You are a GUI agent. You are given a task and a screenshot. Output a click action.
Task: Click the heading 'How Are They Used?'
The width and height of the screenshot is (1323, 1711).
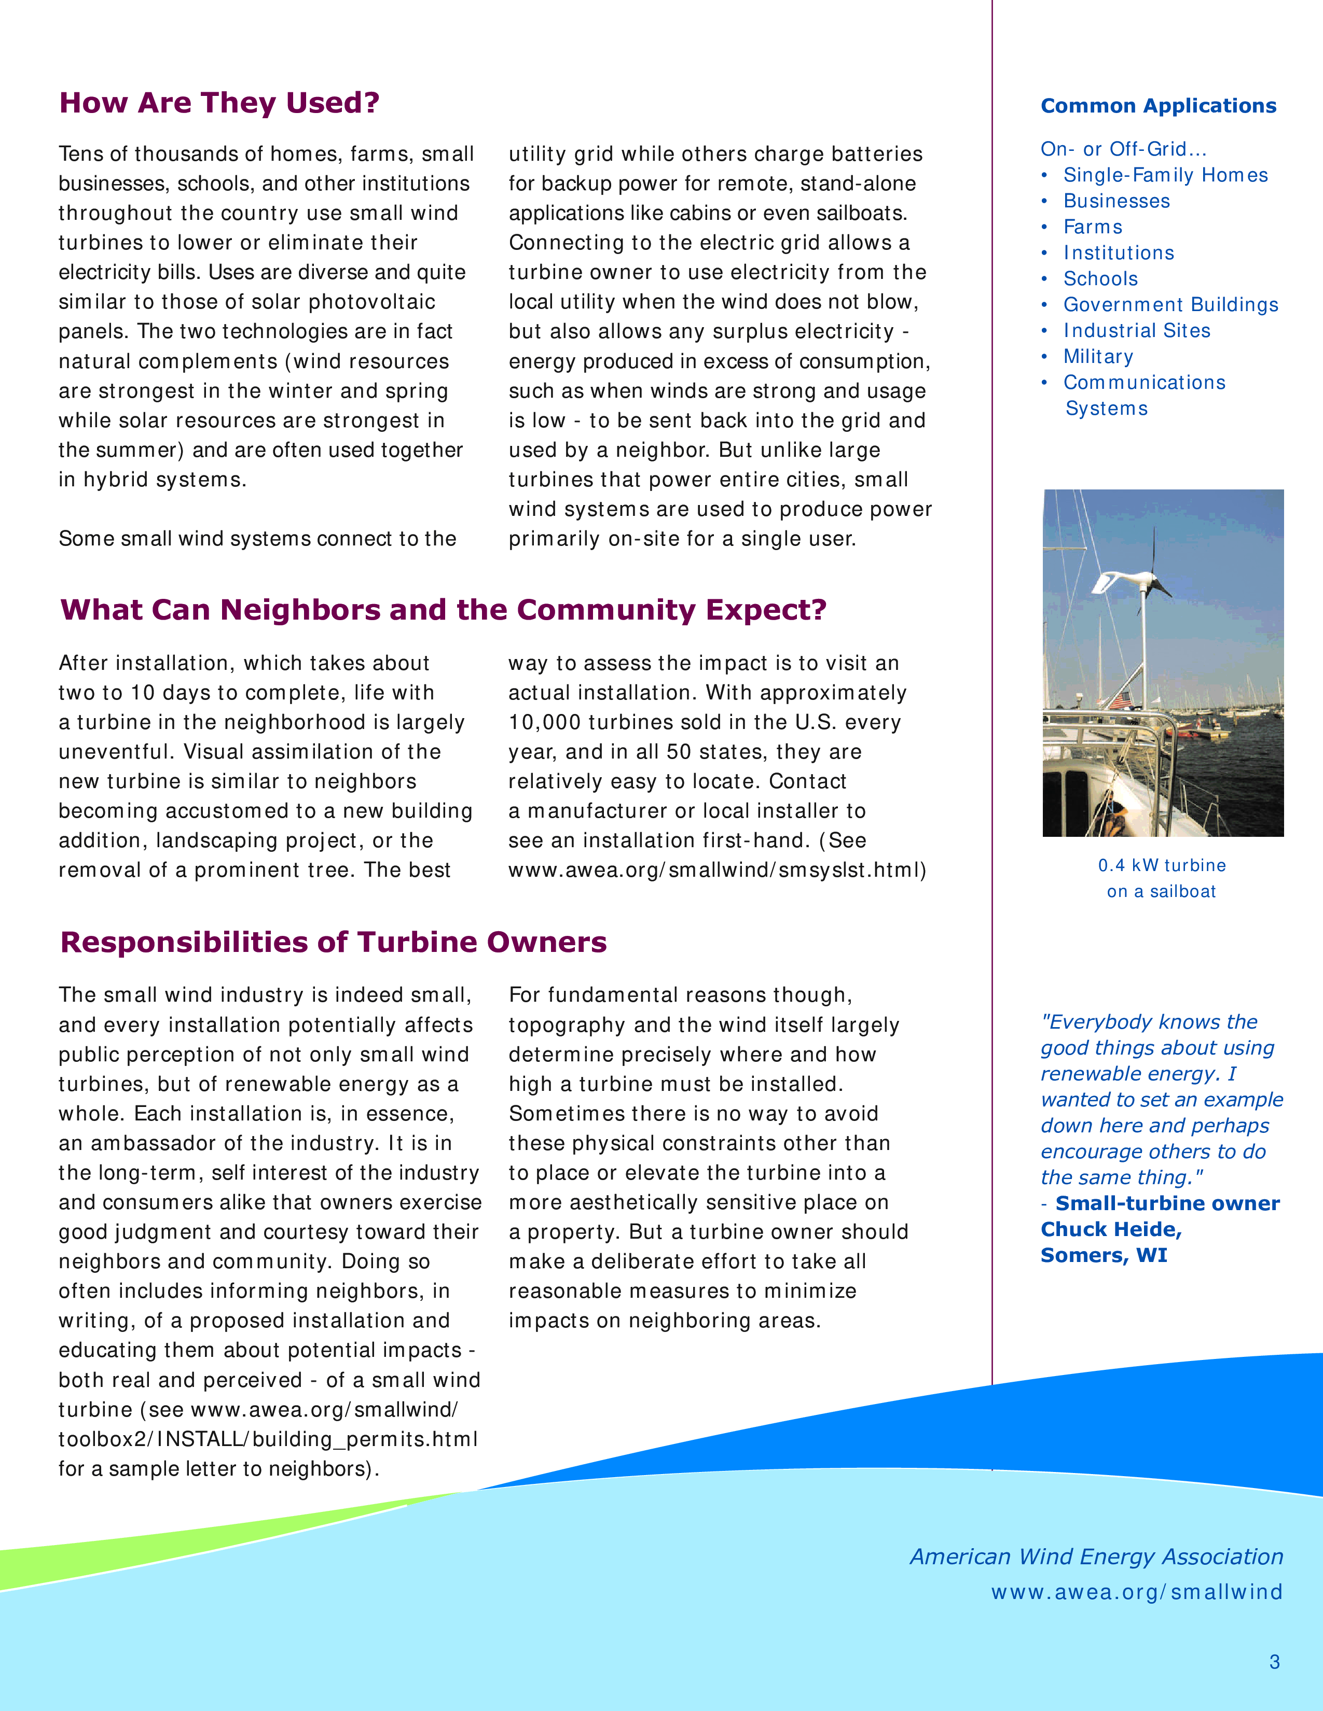(x=219, y=103)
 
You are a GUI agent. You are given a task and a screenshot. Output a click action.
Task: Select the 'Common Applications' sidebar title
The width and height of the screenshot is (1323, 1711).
(x=1157, y=106)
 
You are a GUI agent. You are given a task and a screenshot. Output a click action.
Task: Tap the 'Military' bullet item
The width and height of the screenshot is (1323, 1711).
(x=1097, y=357)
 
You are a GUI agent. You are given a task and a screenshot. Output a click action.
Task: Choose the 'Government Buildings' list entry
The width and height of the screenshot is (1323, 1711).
(x=1170, y=305)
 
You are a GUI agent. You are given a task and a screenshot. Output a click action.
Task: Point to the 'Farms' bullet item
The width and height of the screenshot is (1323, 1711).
(x=1093, y=227)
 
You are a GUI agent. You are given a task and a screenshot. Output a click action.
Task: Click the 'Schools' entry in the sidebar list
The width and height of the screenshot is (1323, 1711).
(x=1100, y=279)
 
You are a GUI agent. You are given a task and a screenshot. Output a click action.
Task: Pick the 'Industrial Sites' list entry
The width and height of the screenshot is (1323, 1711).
(x=1136, y=331)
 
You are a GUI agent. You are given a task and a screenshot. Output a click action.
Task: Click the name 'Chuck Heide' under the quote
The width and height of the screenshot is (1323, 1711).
(x=1111, y=1229)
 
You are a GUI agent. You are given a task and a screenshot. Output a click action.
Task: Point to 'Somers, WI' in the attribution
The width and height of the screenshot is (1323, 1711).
(x=1104, y=1255)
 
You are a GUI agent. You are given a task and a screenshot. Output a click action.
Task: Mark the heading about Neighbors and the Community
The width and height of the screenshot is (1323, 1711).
(x=443, y=610)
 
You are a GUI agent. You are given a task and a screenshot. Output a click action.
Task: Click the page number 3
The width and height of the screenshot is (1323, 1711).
(x=1274, y=1662)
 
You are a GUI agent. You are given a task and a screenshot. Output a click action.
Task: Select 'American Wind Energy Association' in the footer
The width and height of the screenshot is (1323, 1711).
(x=1096, y=1556)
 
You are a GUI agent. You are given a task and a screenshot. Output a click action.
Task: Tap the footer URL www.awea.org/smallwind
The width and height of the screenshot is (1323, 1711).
(x=1136, y=1592)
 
